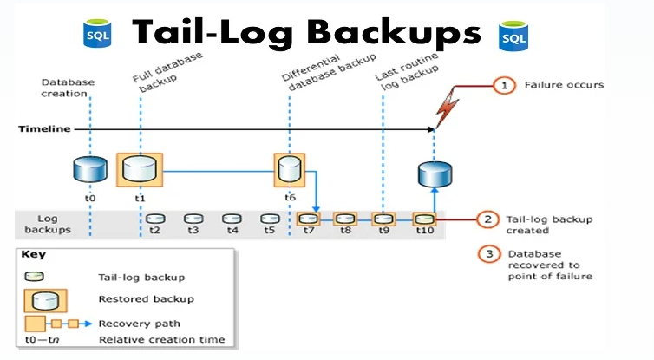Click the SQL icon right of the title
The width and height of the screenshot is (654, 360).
[513, 35]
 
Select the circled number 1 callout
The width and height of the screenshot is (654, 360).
[502, 85]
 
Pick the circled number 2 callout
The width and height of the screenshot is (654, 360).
[488, 220]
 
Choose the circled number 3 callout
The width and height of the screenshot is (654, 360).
[488, 254]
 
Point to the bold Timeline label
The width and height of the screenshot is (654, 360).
[44, 128]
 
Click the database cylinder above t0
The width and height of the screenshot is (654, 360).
[91, 170]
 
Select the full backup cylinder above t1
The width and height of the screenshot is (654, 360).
[139, 169]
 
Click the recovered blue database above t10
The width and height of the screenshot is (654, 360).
[435, 174]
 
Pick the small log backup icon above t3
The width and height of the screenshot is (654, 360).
[193, 219]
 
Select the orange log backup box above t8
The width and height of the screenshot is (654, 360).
[345, 219]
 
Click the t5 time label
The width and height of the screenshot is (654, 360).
[270, 232]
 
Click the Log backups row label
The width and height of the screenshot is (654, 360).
[48, 225]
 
